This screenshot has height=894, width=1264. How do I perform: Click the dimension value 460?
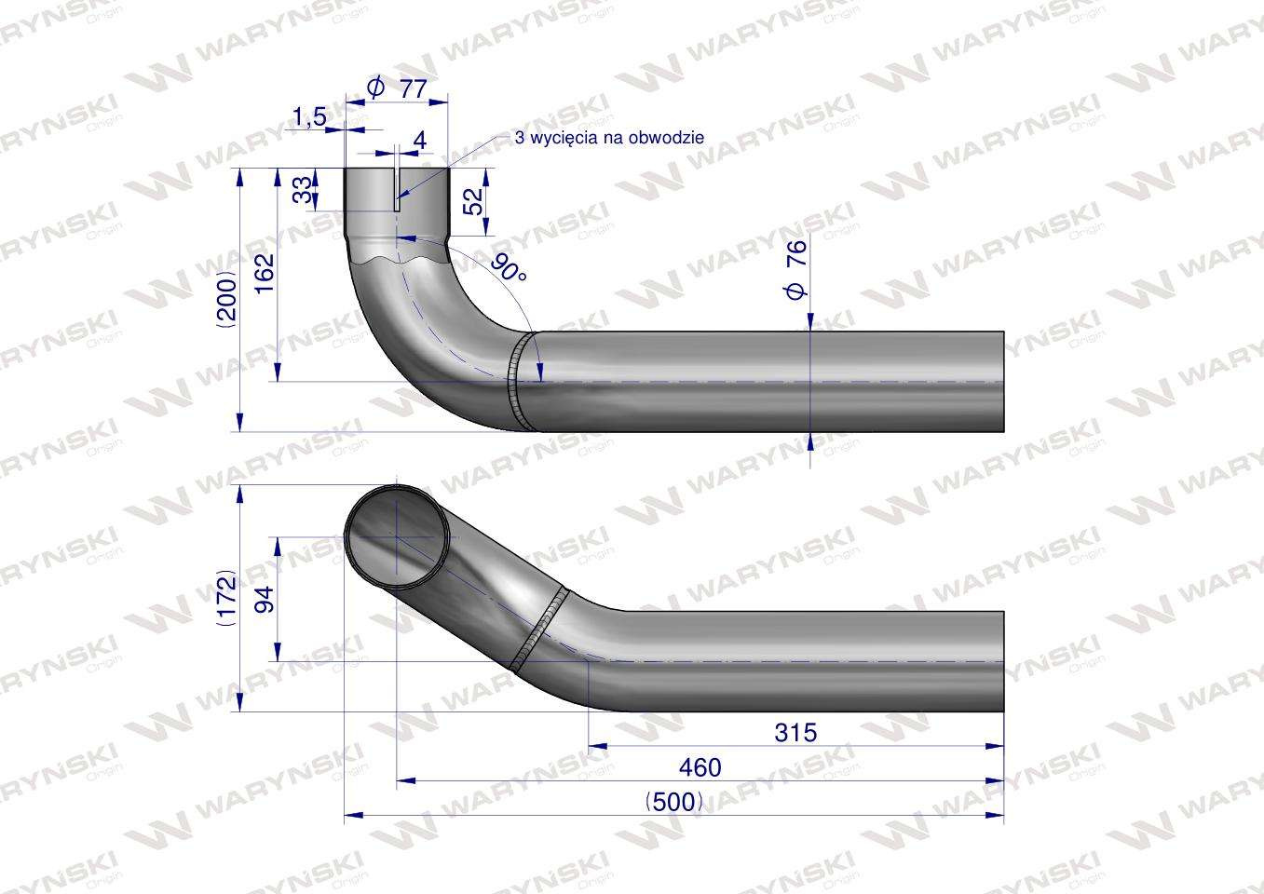tap(700, 767)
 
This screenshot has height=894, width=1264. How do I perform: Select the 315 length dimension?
tap(795, 733)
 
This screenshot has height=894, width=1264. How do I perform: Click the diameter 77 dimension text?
tap(399, 88)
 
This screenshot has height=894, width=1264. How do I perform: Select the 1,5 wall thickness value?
tap(308, 116)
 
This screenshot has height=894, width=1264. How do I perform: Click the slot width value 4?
tap(419, 140)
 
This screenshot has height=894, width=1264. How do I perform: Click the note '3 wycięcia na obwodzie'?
tap(609, 137)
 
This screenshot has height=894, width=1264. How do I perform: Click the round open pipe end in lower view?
tap(398, 536)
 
